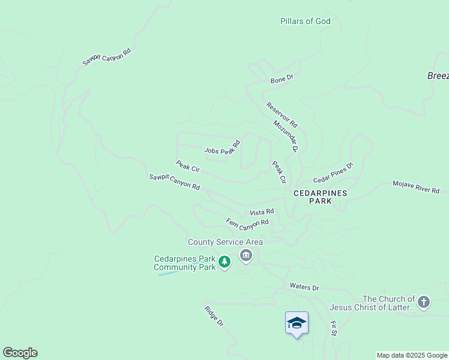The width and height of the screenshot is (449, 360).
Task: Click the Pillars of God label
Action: [305, 21]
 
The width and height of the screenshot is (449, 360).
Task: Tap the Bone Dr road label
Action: [282, 78]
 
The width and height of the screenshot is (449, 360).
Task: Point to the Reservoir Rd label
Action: [282, 114]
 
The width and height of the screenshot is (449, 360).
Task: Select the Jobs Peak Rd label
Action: [222, 148]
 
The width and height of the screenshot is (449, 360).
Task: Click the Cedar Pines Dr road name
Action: [333, 172]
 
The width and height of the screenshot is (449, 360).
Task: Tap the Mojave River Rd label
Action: [416, 187]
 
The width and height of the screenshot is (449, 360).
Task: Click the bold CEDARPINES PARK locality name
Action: [320, 197]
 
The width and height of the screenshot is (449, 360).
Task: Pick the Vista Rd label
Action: [262, 212]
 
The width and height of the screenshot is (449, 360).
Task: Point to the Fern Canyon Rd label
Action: [247, 224]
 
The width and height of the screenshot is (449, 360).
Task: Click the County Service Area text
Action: [225, 242]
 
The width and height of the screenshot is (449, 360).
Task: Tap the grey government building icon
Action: [246, 256]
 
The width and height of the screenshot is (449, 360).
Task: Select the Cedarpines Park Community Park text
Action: [184, 263]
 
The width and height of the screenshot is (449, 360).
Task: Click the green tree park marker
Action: [224, 262]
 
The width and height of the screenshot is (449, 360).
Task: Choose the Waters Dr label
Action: [304, 287]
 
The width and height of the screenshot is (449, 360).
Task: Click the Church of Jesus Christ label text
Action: [372, 303]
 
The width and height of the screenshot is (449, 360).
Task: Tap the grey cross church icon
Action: [424, 302]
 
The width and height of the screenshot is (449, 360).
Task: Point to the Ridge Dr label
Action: [214, 316]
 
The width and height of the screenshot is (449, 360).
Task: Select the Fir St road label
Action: [334, 328]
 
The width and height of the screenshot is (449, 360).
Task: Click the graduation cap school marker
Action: [297, 323]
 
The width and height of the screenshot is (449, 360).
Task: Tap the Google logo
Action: [20, 353]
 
